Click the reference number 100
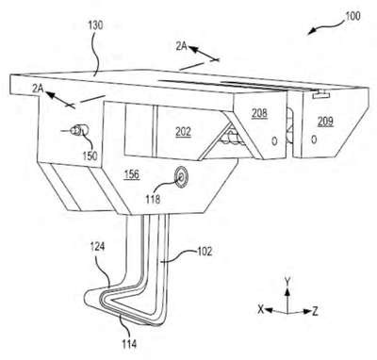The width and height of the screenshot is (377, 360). (352, 16)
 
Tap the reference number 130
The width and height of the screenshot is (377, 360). (95, 25)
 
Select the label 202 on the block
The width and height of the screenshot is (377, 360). (183, 132)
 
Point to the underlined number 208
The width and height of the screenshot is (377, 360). (259, 113)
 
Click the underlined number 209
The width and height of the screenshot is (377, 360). (325, 122)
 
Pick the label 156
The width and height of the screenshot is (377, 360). (132, 174)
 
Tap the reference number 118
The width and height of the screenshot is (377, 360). (153, 199)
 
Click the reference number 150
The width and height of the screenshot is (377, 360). (90, 155)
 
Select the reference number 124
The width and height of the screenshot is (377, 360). (97, 247)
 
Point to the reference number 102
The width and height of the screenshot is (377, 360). (205, 252)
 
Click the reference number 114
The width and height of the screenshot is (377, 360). (129, 343)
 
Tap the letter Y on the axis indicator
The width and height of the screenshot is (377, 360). (287, 281)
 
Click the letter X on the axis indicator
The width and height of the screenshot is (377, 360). (261, 310)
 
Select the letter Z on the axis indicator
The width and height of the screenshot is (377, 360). (315, 311)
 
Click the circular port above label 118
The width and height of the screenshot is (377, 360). (181, 178)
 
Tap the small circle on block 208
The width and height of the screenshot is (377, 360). (274, 141)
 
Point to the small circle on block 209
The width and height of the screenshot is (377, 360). (314, 139)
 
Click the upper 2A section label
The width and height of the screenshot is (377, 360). (181, 46)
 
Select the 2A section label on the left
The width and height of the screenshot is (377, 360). (38, 89)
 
